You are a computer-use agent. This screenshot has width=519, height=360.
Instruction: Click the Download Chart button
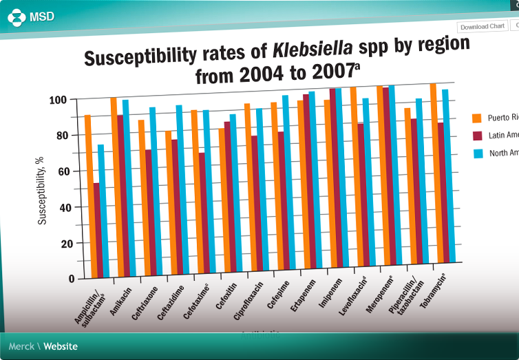click(483, 26)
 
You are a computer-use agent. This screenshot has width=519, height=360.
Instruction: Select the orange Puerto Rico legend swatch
click(476, 118)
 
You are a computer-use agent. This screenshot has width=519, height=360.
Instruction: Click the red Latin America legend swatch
click(477, 136)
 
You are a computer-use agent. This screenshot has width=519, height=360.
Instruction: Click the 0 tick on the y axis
click(72, 279)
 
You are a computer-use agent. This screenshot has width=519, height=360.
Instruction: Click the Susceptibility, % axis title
click(43, 189)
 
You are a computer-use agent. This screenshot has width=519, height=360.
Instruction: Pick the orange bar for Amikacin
click(114, 186)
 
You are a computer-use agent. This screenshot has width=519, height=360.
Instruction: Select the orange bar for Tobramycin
click(433, 172)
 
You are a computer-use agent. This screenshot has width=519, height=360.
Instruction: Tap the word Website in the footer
click(61, 346)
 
